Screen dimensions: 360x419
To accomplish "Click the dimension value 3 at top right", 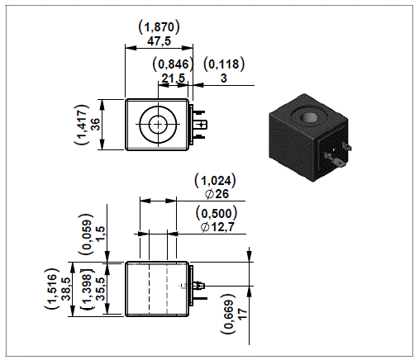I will point(225,79).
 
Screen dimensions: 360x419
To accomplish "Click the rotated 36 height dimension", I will point(96,126).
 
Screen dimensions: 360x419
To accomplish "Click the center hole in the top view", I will point(157,126).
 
